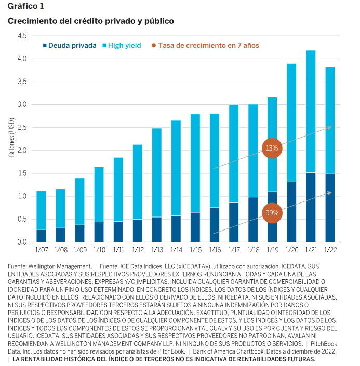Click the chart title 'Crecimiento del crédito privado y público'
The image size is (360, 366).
click(x=90, y=21)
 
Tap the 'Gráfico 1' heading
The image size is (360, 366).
click(x=26, y=6)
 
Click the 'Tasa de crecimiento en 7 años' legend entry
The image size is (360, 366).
click(x=208, y=45)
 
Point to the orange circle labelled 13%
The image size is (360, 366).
click(x=272, y=148)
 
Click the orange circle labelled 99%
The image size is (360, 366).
click(x=272, y=213)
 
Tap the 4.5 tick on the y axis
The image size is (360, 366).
click(x=22, y=36)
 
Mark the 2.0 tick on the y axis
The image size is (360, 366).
click(x=22, y=151)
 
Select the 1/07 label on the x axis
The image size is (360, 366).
click(x=41, y=251)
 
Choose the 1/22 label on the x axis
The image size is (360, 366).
click(x=329, y=251)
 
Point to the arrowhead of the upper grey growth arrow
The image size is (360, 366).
click(x=330, y=127)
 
